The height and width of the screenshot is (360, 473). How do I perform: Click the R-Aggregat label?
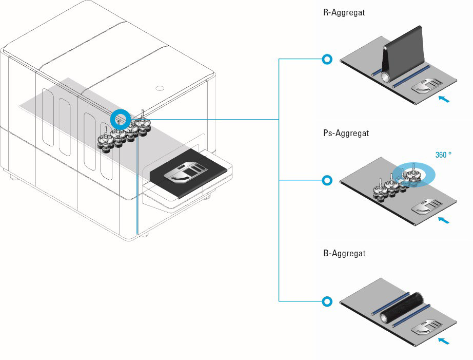coord(344,13)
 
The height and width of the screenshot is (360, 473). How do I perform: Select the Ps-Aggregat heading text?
coord(346,134)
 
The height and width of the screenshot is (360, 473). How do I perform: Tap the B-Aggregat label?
coord(344,254)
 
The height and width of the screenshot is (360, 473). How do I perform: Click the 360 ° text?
coord(444,155)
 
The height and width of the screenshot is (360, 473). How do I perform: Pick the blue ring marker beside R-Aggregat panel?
coord(327,60)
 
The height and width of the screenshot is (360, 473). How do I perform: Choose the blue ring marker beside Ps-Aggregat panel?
coord(327,180)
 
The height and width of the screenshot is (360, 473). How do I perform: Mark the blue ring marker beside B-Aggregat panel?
coord(327,301)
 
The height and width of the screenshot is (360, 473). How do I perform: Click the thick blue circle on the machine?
coord(121,119)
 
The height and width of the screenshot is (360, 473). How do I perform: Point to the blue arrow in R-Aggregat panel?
coord(444,98)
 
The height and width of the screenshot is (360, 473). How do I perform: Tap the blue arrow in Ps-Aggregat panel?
coord(444,219)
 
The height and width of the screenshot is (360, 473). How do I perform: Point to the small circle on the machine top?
coord(159,87)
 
